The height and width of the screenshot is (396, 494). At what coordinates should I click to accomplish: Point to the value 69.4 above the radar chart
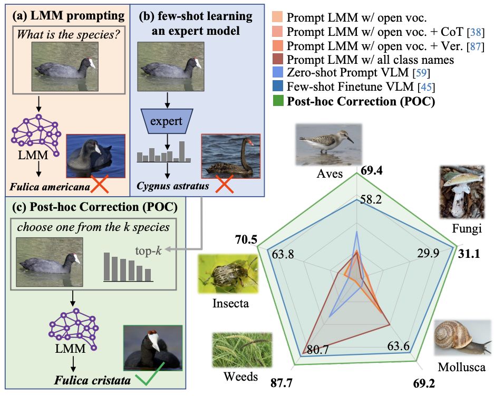click(372, 170)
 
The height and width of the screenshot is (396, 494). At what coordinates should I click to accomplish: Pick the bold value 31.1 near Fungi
click(468, 254)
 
